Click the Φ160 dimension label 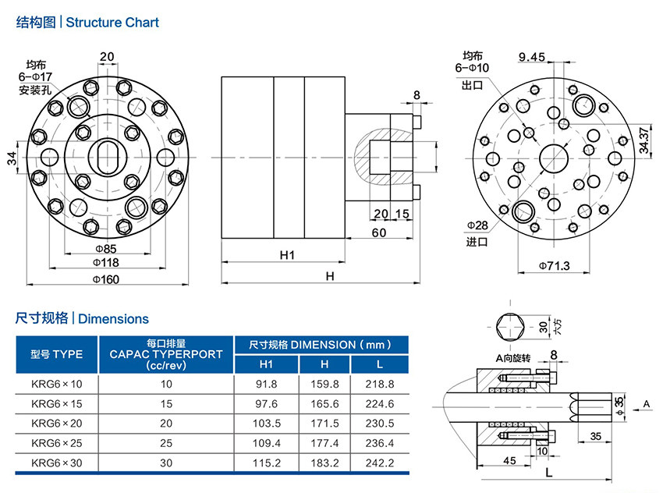106,279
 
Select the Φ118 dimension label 106,264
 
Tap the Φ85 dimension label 106,249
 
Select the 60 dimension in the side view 379,232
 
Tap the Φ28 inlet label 477,225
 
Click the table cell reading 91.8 266,384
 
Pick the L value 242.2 380,463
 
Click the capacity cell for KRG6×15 165,403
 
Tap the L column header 380,364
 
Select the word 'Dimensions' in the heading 113,319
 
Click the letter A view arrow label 646,403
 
